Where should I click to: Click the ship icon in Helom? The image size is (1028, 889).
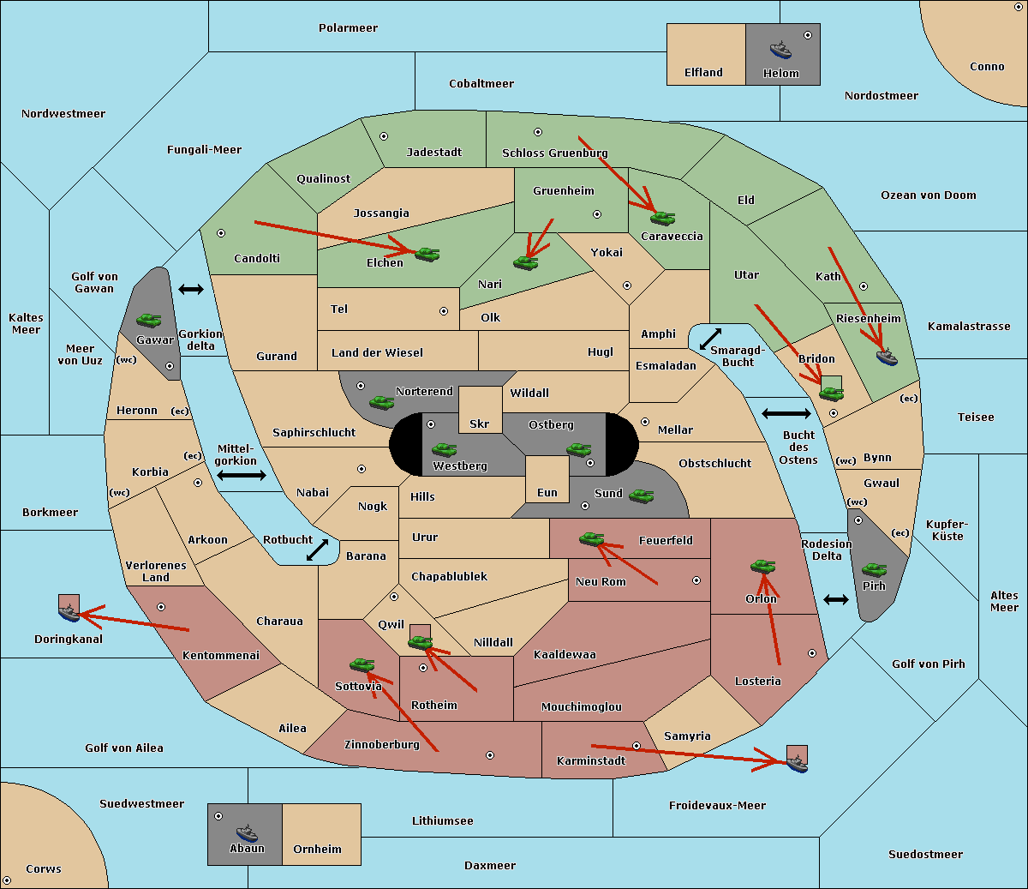[780, 50]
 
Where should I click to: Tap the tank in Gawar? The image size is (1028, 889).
[149, 320]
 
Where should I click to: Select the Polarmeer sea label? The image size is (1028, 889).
[348, 28]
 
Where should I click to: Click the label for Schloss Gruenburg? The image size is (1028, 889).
[554, 153]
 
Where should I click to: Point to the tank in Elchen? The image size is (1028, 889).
[427, 255]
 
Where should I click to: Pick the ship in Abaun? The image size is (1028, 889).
[247, 832]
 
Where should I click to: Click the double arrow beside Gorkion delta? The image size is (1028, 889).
[191, 289]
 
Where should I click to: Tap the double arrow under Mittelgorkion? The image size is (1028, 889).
[242, 475]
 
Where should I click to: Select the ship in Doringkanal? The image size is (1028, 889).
[69, 613]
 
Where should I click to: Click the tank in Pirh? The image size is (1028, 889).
[874, 569]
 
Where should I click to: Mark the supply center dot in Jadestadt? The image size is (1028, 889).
[384, 136]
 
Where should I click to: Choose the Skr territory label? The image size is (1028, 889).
[479, 423]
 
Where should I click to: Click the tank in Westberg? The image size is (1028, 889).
[444, 449]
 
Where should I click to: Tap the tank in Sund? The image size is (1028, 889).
[641, 496]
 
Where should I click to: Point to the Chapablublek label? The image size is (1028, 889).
[449, 576]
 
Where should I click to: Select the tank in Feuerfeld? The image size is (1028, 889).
[591, 538]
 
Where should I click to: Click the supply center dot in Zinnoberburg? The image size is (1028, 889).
[490, 755]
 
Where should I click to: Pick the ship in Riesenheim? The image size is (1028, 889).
[887, 357]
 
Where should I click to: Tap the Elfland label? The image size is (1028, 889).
[703, 73]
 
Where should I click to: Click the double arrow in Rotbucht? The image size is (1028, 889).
[317, 550]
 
